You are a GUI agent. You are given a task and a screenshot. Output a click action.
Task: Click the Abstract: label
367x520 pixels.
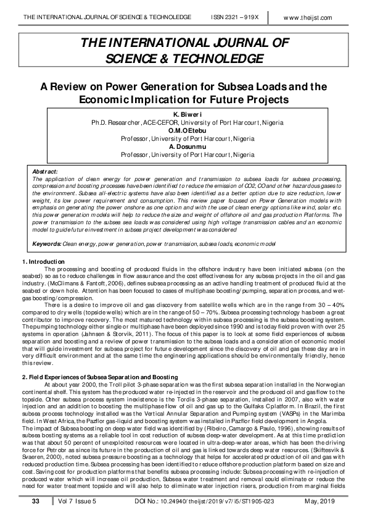click(44, 170)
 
